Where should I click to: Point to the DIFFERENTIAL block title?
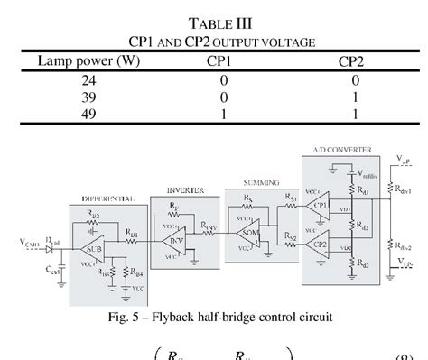point(107,197)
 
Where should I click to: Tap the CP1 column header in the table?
point(224,61)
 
